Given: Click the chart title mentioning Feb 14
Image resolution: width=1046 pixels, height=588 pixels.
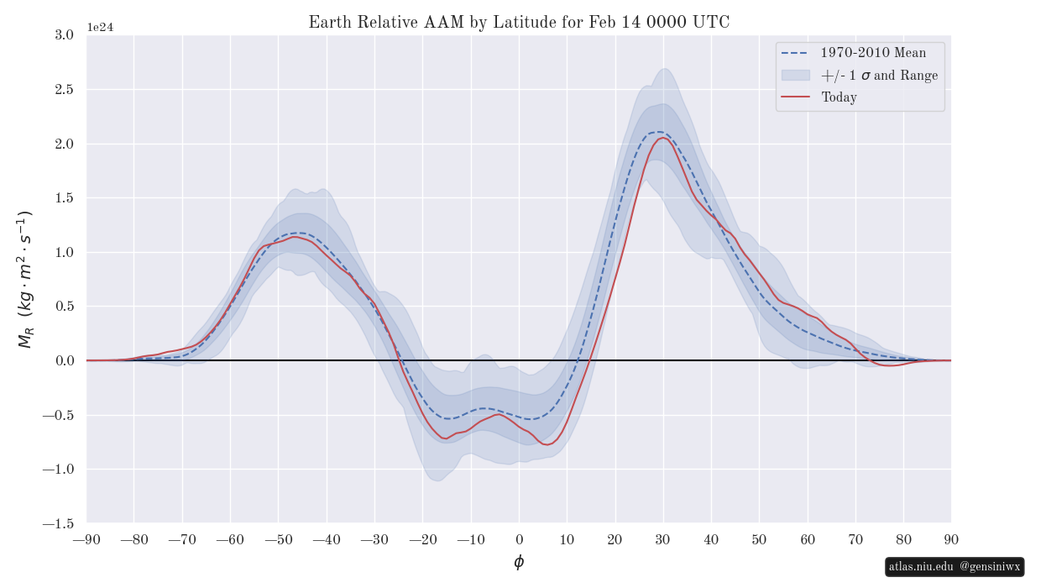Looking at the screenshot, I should [x=519, y=23].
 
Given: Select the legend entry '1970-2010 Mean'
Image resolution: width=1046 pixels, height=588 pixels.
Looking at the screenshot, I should [x=873, y=53].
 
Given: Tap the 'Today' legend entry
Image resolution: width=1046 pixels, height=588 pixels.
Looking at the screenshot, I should [x=839, y=97].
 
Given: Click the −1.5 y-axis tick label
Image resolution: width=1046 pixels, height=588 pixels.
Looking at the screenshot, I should [x=59, y=523].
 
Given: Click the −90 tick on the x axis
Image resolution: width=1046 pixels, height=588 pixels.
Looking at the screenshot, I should [x=86, y=539].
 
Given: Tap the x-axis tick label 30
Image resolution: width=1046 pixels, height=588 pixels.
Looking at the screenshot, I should [x=663, y=539].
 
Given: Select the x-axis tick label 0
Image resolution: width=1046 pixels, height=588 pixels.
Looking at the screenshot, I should [x=519, y=539].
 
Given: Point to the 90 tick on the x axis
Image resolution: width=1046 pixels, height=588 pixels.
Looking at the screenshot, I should [x=951, y=539].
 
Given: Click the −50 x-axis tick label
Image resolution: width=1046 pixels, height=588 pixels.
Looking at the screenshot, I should [x=279, y=539].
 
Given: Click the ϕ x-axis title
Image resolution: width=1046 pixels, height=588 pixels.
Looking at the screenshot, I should [x=519, y=562].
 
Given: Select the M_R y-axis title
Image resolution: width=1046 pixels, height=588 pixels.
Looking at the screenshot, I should [x=25, y=279].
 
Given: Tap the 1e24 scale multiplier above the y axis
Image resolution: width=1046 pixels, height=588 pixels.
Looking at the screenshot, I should [x=100, y=27].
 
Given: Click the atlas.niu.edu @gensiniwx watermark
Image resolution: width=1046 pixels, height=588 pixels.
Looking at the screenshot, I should [x=954, y=567].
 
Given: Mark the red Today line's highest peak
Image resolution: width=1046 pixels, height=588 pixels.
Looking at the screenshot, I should [x=663, y=138].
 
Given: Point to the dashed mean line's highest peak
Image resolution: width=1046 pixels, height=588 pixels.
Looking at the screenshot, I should [x=659, y=132].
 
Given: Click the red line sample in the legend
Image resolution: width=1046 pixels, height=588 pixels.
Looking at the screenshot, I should [x=795, y=97].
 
